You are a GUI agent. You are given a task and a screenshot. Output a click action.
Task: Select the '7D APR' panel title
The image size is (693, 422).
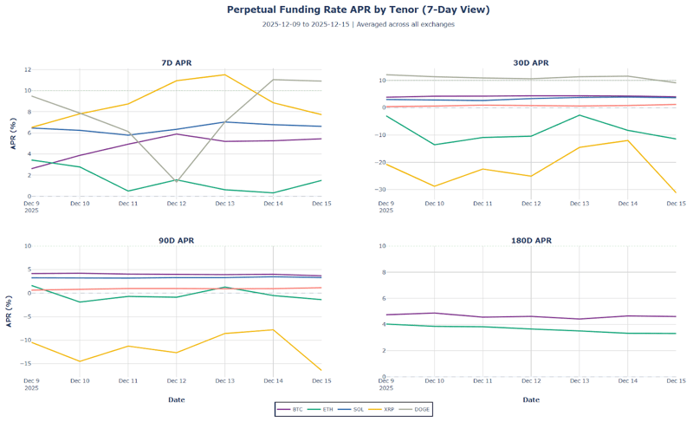(x=178, y=63)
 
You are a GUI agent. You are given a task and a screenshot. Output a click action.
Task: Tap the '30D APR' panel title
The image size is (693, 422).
(x=531, y=63)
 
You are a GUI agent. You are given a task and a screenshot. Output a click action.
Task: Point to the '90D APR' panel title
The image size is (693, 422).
(x=178, y=240)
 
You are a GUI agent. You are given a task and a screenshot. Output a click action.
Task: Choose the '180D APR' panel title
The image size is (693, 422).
(x=531, y=240)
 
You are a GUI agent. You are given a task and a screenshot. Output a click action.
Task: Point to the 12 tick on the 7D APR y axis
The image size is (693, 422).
(x=28, y=69)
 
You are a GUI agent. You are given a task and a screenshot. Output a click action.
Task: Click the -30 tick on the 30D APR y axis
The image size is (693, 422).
(x=377, y=189)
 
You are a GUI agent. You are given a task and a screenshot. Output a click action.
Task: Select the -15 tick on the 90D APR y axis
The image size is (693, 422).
(x=26, y=363)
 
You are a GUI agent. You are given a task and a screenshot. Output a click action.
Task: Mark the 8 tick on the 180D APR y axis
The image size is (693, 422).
(x=381, y=272)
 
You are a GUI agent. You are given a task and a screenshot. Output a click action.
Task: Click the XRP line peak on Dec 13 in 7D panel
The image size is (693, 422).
(x=225, y=75)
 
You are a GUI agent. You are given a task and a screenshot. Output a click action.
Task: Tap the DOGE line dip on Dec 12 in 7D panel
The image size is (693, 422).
(x=177, y=181)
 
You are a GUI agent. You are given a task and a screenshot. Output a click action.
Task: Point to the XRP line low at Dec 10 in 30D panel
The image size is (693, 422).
(x=434, y=186)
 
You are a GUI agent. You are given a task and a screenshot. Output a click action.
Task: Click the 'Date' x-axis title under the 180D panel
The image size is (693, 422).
(x=531, y=399)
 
